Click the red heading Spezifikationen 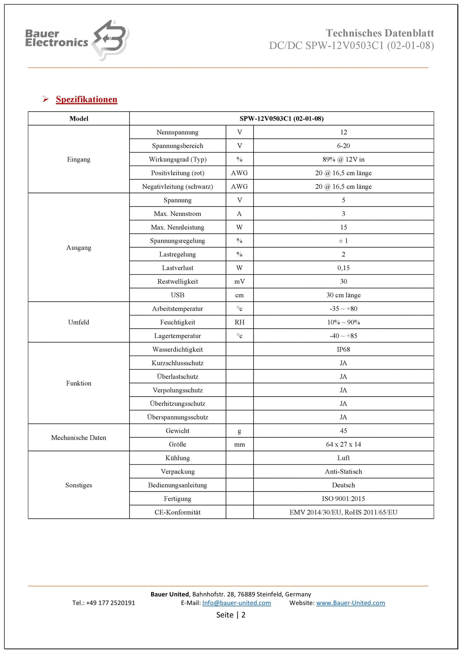coord(86,99)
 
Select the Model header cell coord(79,119)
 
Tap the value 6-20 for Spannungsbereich coord(343,146)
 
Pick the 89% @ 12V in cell coord(343,159)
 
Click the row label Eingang coord(79,159)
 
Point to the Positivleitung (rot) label coord(177,173)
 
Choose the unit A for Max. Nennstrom coord(239,214)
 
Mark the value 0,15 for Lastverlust coord(343,268)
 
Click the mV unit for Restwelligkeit coord(239,282)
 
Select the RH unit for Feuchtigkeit coord(239,322)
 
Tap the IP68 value coord(343,349)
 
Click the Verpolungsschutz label coord(177,390)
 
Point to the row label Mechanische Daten coord(79,438)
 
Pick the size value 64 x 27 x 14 coord(343,444)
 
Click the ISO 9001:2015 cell coord(343,499)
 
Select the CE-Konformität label coord(177,512)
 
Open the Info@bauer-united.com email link coord(237,603)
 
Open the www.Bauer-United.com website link coord(350,603)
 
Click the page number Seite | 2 coord(231,615)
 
